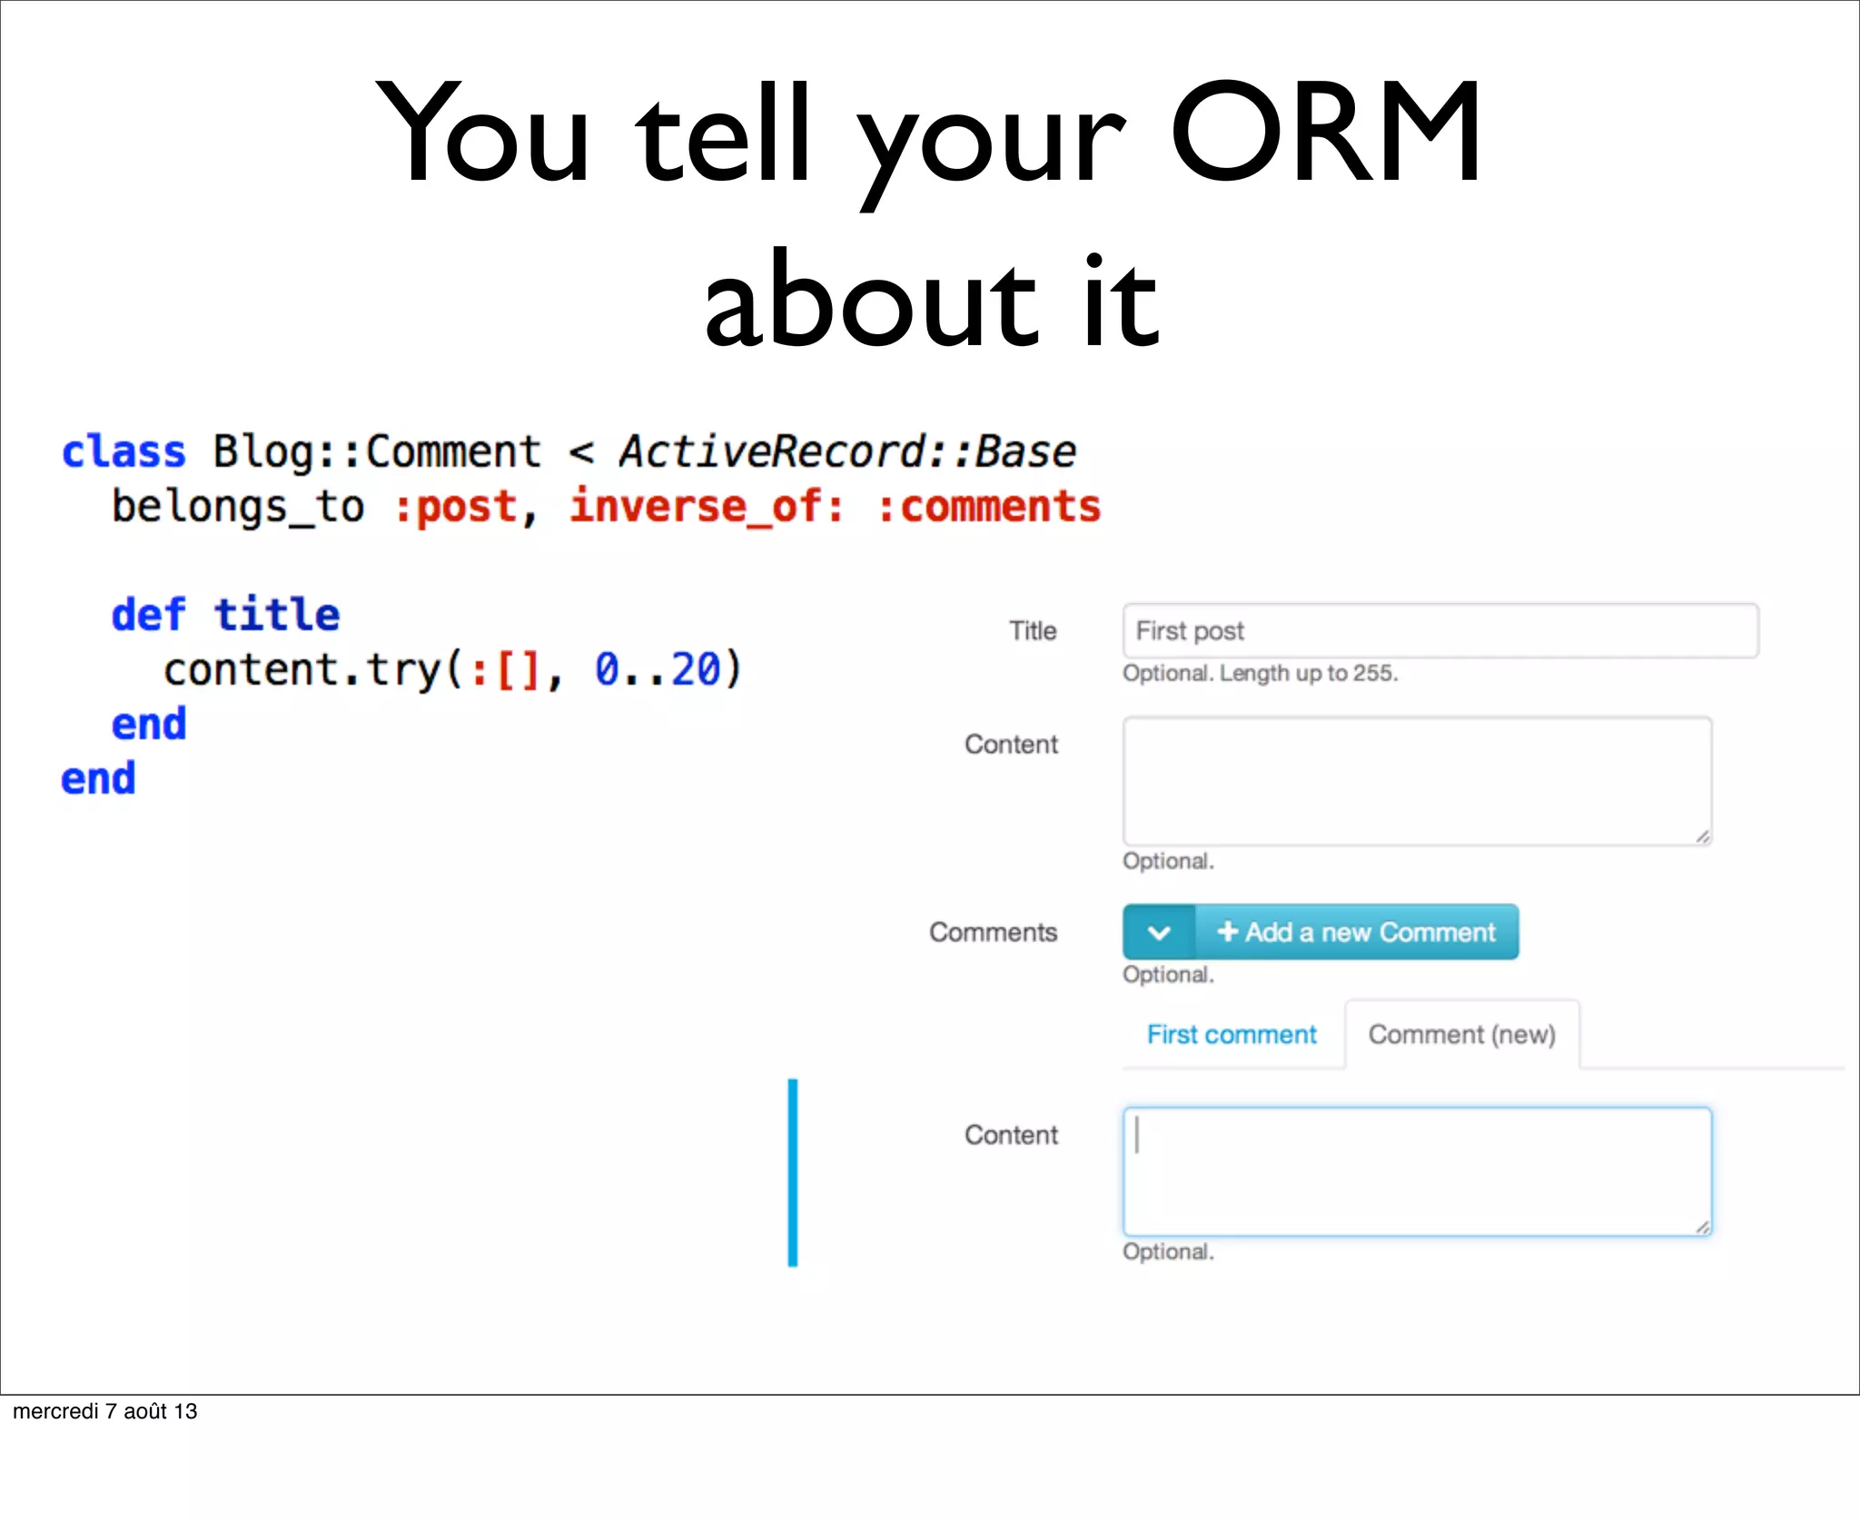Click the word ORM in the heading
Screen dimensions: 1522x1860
[x=1326, y=133]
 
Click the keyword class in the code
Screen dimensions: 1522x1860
[x=124, y=452]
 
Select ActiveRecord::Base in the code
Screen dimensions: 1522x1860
[x=846, y=452]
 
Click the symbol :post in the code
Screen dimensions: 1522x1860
[x=455, y=507]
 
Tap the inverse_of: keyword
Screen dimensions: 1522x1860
[x=706, y=507]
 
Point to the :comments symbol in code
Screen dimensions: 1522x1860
[x=988, y=507]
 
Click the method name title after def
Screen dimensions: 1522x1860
[x=277, y=615]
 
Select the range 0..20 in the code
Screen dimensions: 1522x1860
[x=658, y=670]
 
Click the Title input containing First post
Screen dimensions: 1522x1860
[x=1440, y=630]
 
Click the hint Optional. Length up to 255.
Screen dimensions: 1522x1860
[x=1260, y=674]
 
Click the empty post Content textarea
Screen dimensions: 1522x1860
[x=1417, y=781]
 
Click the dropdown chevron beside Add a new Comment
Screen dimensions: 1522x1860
[x=1159, y=933]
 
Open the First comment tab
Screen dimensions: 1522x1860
[x=1232, y=1035]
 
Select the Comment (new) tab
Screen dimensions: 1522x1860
[x=1461, y=1035]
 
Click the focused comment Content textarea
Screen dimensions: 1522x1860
[x=1417, y=1171]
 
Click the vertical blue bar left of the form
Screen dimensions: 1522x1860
[x=793, y=1171]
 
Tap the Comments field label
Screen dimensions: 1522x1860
[x=993, y=933]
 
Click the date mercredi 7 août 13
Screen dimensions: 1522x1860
[x=105, y=1411]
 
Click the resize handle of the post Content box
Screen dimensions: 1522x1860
[x=1703, y=837]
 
